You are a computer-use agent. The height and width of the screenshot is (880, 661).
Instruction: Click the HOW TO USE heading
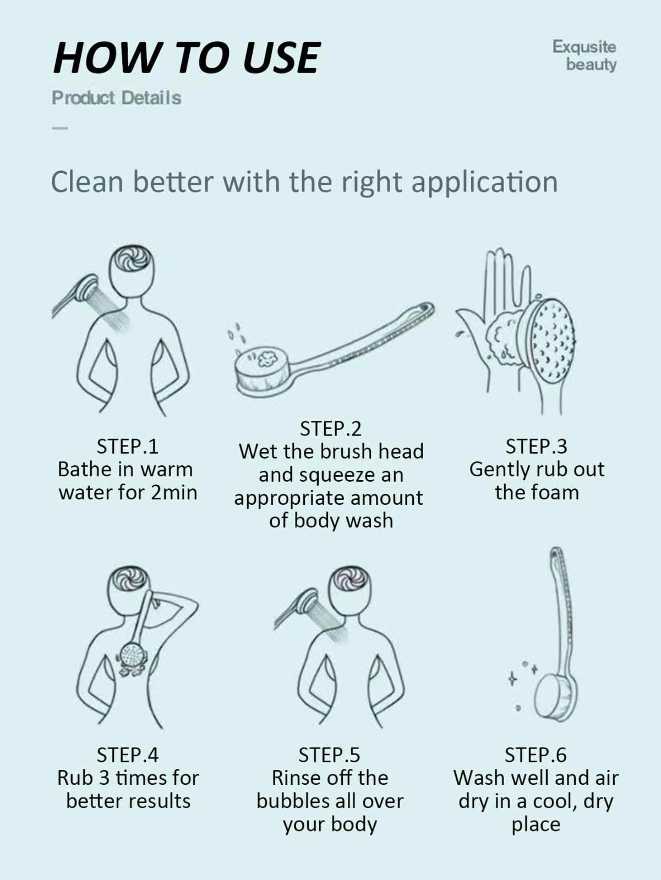click(x=186, y=57)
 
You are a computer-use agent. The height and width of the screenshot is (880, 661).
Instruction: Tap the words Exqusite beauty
click(x=584, y=55)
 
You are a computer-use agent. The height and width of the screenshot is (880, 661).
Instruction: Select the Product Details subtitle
click(x=116, y=98)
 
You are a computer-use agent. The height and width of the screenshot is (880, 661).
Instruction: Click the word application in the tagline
click(x=484, y=182)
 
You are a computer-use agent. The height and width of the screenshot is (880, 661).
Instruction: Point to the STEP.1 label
click(x=128, y=446)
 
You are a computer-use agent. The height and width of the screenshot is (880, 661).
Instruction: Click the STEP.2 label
click(x=330, y=428)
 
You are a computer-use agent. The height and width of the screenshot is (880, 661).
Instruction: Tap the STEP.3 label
click(x=536, y=446)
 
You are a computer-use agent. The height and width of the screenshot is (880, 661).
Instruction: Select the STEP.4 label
click(x=128, y=755)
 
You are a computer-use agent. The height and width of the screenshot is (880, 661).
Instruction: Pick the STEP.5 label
click(x=329, y=755)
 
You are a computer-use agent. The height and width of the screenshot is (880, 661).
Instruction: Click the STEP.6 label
click(x=536, y=755)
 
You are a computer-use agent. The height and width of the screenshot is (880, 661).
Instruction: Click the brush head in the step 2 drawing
click(x=263, y=370)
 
